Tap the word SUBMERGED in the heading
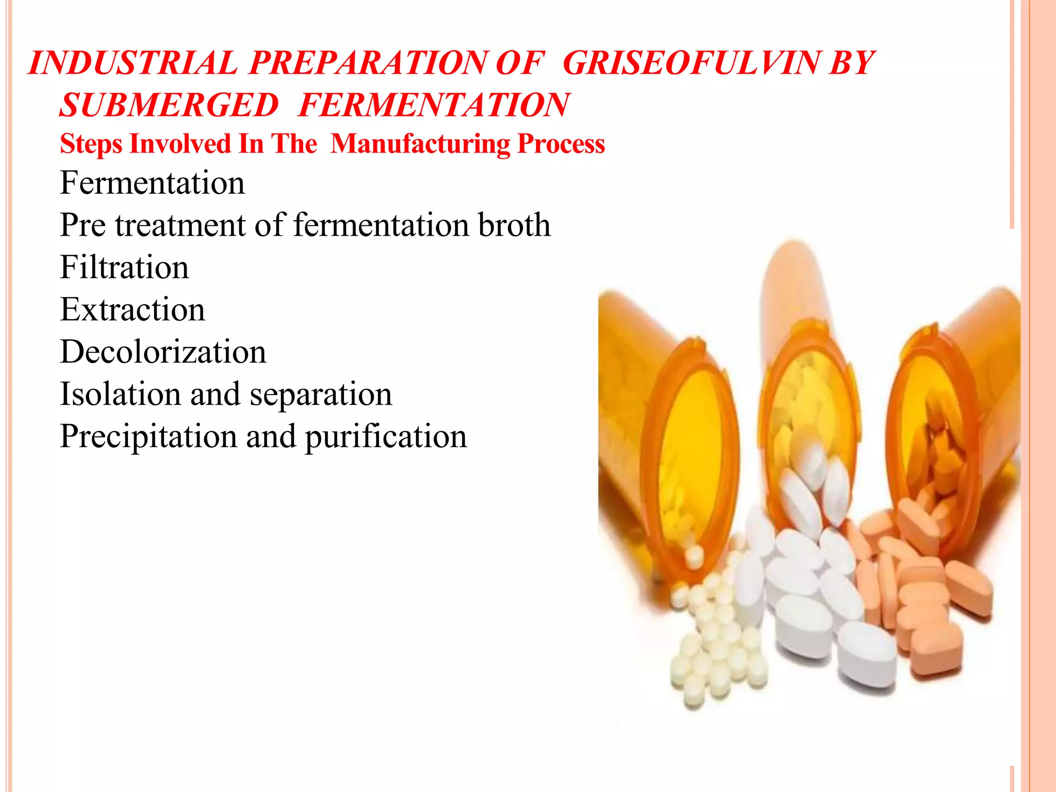[x=169, y=105]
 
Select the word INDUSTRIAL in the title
[x=133, y=63]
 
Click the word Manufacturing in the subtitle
[x=420, y=144]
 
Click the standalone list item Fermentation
[x=152, y=183]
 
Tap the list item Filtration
[x=124, y=268]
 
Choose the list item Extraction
[x=133, y=310]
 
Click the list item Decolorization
[x=163, y=352]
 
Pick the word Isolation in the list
[x=120, y=394]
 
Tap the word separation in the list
[x=321, y=395]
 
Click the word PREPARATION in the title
[x=367, y=63]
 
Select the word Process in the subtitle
[x=561, y=144]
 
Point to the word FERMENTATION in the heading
[x=434, y=105]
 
